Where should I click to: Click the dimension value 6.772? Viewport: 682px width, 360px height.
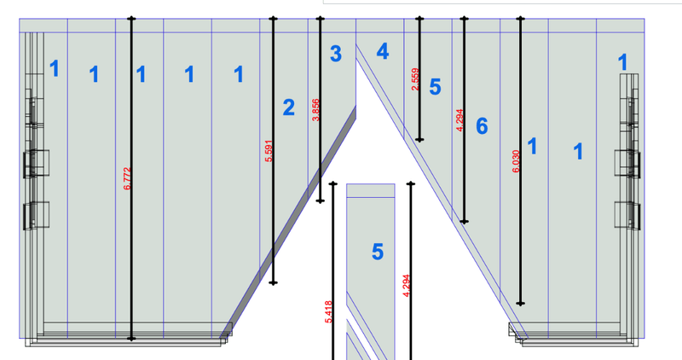point(127,177)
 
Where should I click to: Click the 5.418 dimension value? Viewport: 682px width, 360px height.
point(328,311)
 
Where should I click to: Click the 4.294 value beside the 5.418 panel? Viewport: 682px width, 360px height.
point(407,284)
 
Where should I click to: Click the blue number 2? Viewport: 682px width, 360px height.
point(288,107)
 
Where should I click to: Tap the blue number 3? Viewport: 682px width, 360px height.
point(336,55)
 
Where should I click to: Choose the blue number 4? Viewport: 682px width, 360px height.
point(383,51)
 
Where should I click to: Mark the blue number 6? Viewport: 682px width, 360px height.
point(482,127)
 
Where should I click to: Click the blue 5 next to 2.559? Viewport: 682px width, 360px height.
point(435,86)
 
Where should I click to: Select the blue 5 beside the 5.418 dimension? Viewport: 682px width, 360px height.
point(378,252)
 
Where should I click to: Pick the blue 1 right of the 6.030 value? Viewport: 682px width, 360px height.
point(533,147)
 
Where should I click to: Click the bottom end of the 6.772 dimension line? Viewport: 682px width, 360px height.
point(131,339)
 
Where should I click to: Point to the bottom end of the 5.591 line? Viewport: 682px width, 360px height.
point(273,282)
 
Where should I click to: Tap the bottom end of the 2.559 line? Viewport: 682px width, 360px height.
point(419,140)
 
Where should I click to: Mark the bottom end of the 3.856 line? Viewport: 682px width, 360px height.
point(320,202)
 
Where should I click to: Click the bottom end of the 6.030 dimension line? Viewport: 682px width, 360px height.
point(520,304)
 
